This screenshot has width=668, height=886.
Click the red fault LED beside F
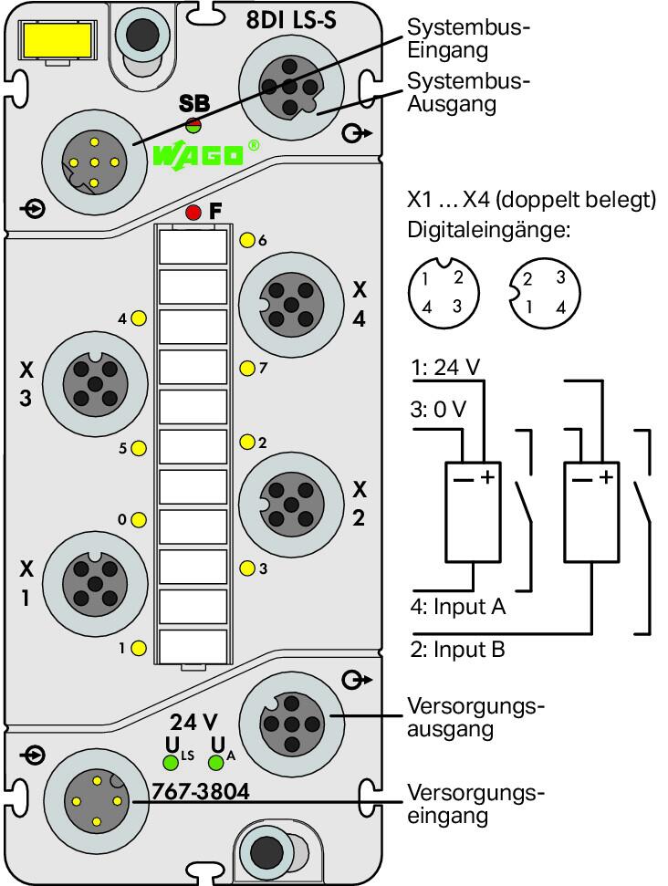click(x=193, y=213)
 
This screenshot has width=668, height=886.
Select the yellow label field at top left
click(x=56, y=39)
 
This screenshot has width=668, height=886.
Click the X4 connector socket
click(x=291, y=305)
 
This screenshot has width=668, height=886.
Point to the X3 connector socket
click(x=95, y=385)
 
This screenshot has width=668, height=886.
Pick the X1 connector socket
click(x=95, y=584)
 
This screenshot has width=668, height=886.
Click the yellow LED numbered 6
click(x=247, y=240)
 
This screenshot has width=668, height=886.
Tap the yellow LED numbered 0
click(x=139, y=520)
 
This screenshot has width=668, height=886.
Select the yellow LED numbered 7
click(x=247, y=369)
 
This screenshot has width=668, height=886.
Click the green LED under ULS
click(x=171, y=763)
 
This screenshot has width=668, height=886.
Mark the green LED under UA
click(x=216, y=764)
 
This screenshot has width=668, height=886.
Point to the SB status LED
click(x=193, y=124)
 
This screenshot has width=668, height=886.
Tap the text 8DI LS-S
click(x=291, y=20)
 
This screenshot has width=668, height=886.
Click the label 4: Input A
click(x=458, y=606)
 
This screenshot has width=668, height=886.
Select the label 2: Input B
click(x=458, y=650)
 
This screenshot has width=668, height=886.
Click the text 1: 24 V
click(x=445, y=368)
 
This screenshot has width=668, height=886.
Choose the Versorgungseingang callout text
click(x=475, y=804)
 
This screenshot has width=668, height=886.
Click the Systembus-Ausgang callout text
click(x=468, y=92)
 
